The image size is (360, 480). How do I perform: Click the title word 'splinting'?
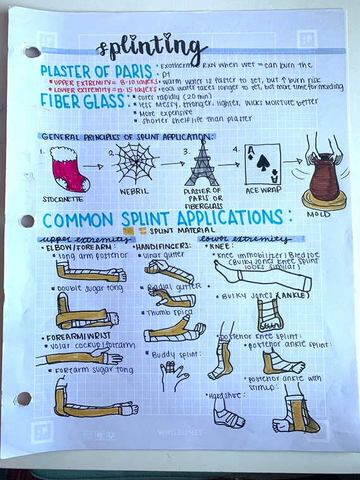152,47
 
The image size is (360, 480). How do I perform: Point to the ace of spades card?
262,164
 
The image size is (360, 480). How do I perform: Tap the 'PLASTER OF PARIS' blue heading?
95,70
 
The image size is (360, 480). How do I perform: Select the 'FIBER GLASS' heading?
82,101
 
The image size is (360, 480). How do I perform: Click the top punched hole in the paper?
29,51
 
